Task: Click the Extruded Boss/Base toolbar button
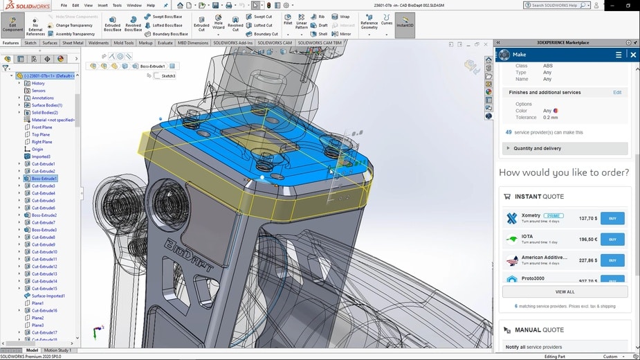click(x=112, y=24)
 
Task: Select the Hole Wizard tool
click(x=219, y=24)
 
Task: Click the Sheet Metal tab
click(x=73, y=43)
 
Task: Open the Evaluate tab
click(x=165, y=43)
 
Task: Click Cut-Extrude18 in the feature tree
click(x=44, y=310)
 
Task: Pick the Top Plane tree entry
click(x=42, y=134)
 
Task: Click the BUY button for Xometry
click(x=612, y=218)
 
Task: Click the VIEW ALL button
click(x=565, y=291)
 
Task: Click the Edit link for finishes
click(x=617, y=92)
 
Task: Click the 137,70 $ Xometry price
click(x=587, y=218)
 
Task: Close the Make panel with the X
click(x=632, y=55)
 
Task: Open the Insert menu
click(x=102, y=5)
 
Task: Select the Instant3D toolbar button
click(x=405, y=24)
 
